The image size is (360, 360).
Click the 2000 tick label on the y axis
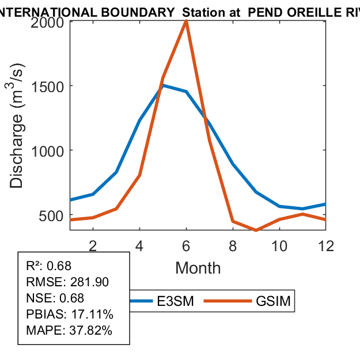point(48,22)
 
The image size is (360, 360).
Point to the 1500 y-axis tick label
point(48,86)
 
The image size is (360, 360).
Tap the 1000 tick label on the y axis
point(48,150)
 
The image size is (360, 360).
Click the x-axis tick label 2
point(93,245)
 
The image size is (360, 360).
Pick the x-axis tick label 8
point(233,245)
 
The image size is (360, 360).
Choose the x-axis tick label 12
point(326,245)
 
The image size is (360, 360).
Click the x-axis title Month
point(198,267)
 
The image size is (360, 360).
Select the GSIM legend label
point(273,301)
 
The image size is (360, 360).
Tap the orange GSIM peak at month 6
point(186,21)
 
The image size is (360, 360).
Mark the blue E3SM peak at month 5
point(163,85)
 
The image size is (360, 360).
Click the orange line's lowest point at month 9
point(256,230)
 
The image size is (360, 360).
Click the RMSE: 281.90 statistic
point(67,282)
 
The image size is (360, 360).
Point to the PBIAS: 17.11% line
point(70,314)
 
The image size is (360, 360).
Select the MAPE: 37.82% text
point(69,331)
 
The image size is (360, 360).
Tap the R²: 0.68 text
point(49,266)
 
